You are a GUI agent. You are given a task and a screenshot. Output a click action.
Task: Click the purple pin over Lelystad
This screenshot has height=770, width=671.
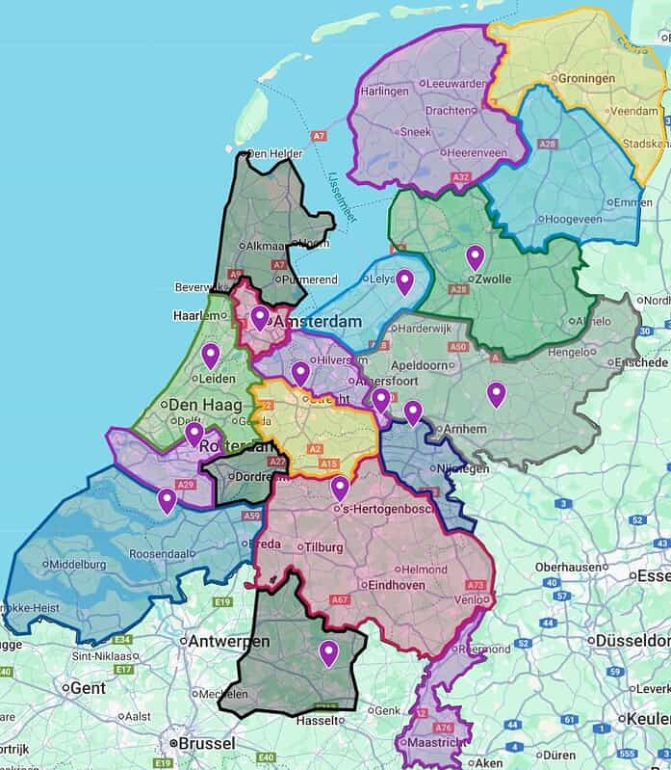click(x=405, y=281)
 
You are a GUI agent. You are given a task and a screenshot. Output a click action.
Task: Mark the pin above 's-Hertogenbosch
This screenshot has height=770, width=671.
click(x=339, y=489)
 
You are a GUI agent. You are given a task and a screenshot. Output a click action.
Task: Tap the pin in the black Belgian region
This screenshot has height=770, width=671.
click(x=328, y=653)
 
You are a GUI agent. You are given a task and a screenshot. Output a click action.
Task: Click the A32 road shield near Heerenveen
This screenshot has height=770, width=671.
click(x=461, y=176)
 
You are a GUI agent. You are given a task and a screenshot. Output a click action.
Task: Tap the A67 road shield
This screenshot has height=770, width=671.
click(x=338, y=599)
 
